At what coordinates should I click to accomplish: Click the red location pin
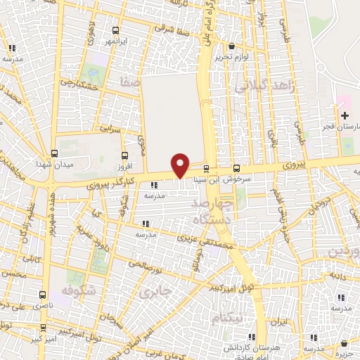[181, 165]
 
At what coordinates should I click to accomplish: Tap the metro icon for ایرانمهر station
[116, 31]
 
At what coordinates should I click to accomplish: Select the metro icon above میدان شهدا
[54, 153]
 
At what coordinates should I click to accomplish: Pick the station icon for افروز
[124, 155]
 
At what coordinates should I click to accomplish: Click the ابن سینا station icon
[206, 168]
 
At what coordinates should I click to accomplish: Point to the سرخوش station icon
[236, 168]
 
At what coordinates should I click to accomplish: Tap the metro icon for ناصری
[43, 296]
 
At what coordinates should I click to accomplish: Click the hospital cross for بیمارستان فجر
[344, 115]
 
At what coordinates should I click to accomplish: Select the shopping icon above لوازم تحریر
[232, 46]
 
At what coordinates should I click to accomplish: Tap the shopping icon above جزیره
[344, 345]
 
